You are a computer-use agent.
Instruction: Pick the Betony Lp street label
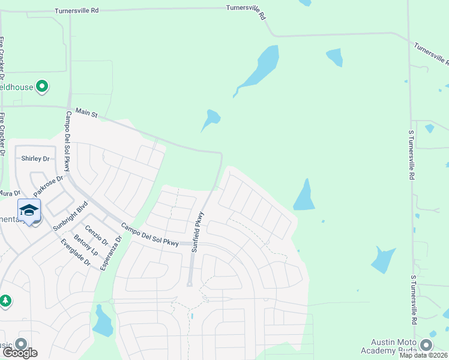coord(80,244)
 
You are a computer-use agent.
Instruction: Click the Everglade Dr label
coord(75,253)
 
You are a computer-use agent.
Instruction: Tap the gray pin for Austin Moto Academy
coord(426,345)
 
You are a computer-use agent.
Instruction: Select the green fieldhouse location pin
coord(41,87)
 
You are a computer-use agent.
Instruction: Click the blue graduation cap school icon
coord(29,209)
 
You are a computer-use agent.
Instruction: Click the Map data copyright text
coord(423,355)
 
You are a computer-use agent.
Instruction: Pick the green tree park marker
coord(5,300)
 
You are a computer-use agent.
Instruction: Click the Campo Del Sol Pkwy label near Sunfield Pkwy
coord(150,235)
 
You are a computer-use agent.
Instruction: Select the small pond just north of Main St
coord(211,119)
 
